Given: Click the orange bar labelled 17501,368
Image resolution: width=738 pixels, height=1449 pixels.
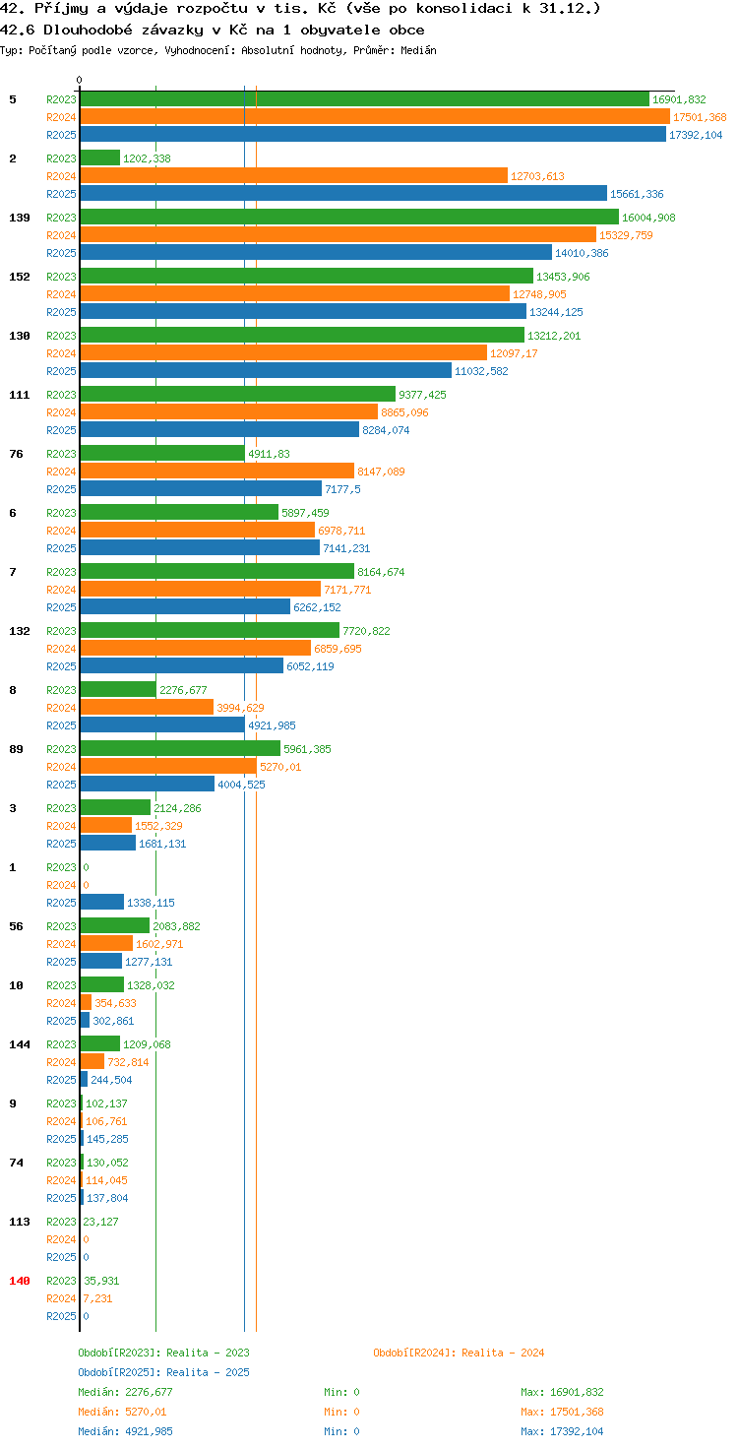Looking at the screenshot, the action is [375, 117].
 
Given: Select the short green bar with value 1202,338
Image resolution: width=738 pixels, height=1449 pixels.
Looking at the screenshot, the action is [100, 157].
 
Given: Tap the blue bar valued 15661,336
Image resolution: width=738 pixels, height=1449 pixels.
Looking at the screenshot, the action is [343, 193].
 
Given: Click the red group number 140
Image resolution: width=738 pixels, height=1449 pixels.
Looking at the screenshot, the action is [20, 1281].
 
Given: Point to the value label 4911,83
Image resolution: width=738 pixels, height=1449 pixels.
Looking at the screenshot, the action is [269, 454].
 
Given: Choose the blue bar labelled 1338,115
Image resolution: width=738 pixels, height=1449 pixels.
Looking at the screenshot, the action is [102, 903].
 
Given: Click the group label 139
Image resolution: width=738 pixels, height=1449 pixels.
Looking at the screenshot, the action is [20, 218].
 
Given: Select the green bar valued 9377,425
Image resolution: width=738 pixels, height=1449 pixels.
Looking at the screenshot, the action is [237, 394].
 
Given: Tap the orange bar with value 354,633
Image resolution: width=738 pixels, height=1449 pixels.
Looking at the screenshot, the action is [86, 1003].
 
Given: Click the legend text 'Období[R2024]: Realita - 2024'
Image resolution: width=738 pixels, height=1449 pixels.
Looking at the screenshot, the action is [459, 1353].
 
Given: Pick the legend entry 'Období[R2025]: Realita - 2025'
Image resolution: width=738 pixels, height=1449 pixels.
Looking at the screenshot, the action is [163, 1372].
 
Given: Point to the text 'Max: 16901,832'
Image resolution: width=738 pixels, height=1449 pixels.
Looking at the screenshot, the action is [562, 1392].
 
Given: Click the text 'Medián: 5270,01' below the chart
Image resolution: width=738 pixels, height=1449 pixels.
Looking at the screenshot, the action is [122, 1412].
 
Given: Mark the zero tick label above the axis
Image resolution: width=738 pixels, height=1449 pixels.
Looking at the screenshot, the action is [79, 80].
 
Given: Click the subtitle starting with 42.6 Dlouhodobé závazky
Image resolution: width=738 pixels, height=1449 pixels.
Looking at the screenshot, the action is [213, 30].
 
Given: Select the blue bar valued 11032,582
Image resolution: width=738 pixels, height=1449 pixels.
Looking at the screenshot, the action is [266, 371].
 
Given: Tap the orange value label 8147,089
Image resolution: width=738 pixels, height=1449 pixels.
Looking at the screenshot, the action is [381, 472].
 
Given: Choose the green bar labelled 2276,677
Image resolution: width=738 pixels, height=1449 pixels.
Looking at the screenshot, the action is [118, 690].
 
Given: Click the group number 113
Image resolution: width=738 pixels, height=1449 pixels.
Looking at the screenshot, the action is [20, 1222].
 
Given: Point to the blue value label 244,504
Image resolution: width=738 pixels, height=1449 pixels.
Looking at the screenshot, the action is [111, 1080].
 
